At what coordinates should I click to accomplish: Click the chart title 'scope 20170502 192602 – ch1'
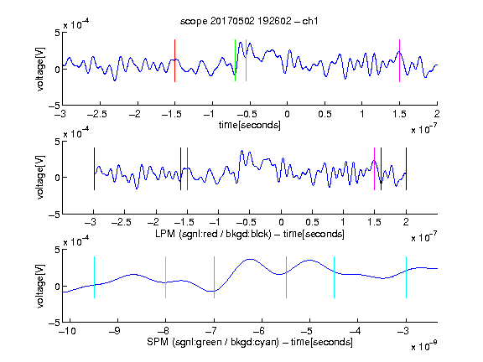tap(249, 21)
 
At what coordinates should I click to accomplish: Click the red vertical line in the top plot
tap(174, 60)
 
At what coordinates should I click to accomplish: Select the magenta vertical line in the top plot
tap(399, 60)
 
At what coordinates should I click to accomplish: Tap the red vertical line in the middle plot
tap(187, 169)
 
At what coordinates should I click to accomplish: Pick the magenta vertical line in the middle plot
tap(374, 169)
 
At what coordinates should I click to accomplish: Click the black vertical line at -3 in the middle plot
tap(94, 169)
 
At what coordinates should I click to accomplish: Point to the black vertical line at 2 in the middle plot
tap(406, 169)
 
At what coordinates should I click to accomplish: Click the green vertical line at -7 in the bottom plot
tap(214, 277)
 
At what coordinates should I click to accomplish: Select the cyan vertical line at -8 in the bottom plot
tap(166, 277)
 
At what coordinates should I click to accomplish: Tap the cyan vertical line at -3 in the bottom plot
tap(406, 277)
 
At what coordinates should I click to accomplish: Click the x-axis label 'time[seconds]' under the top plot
tap(250, 125)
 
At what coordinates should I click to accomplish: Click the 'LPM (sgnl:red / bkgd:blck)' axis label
tap(213, 234)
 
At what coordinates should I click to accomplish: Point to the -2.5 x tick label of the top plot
tap(96, 114)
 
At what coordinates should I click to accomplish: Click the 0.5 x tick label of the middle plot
tap(312, 222)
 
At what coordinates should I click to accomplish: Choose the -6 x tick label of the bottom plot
tap(262, 331)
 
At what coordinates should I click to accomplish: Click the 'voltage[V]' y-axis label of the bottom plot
tap(40, 286)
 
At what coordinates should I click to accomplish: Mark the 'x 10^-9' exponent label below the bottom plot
tap(423, 345)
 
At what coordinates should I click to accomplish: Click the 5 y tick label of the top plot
tap(57, 33)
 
